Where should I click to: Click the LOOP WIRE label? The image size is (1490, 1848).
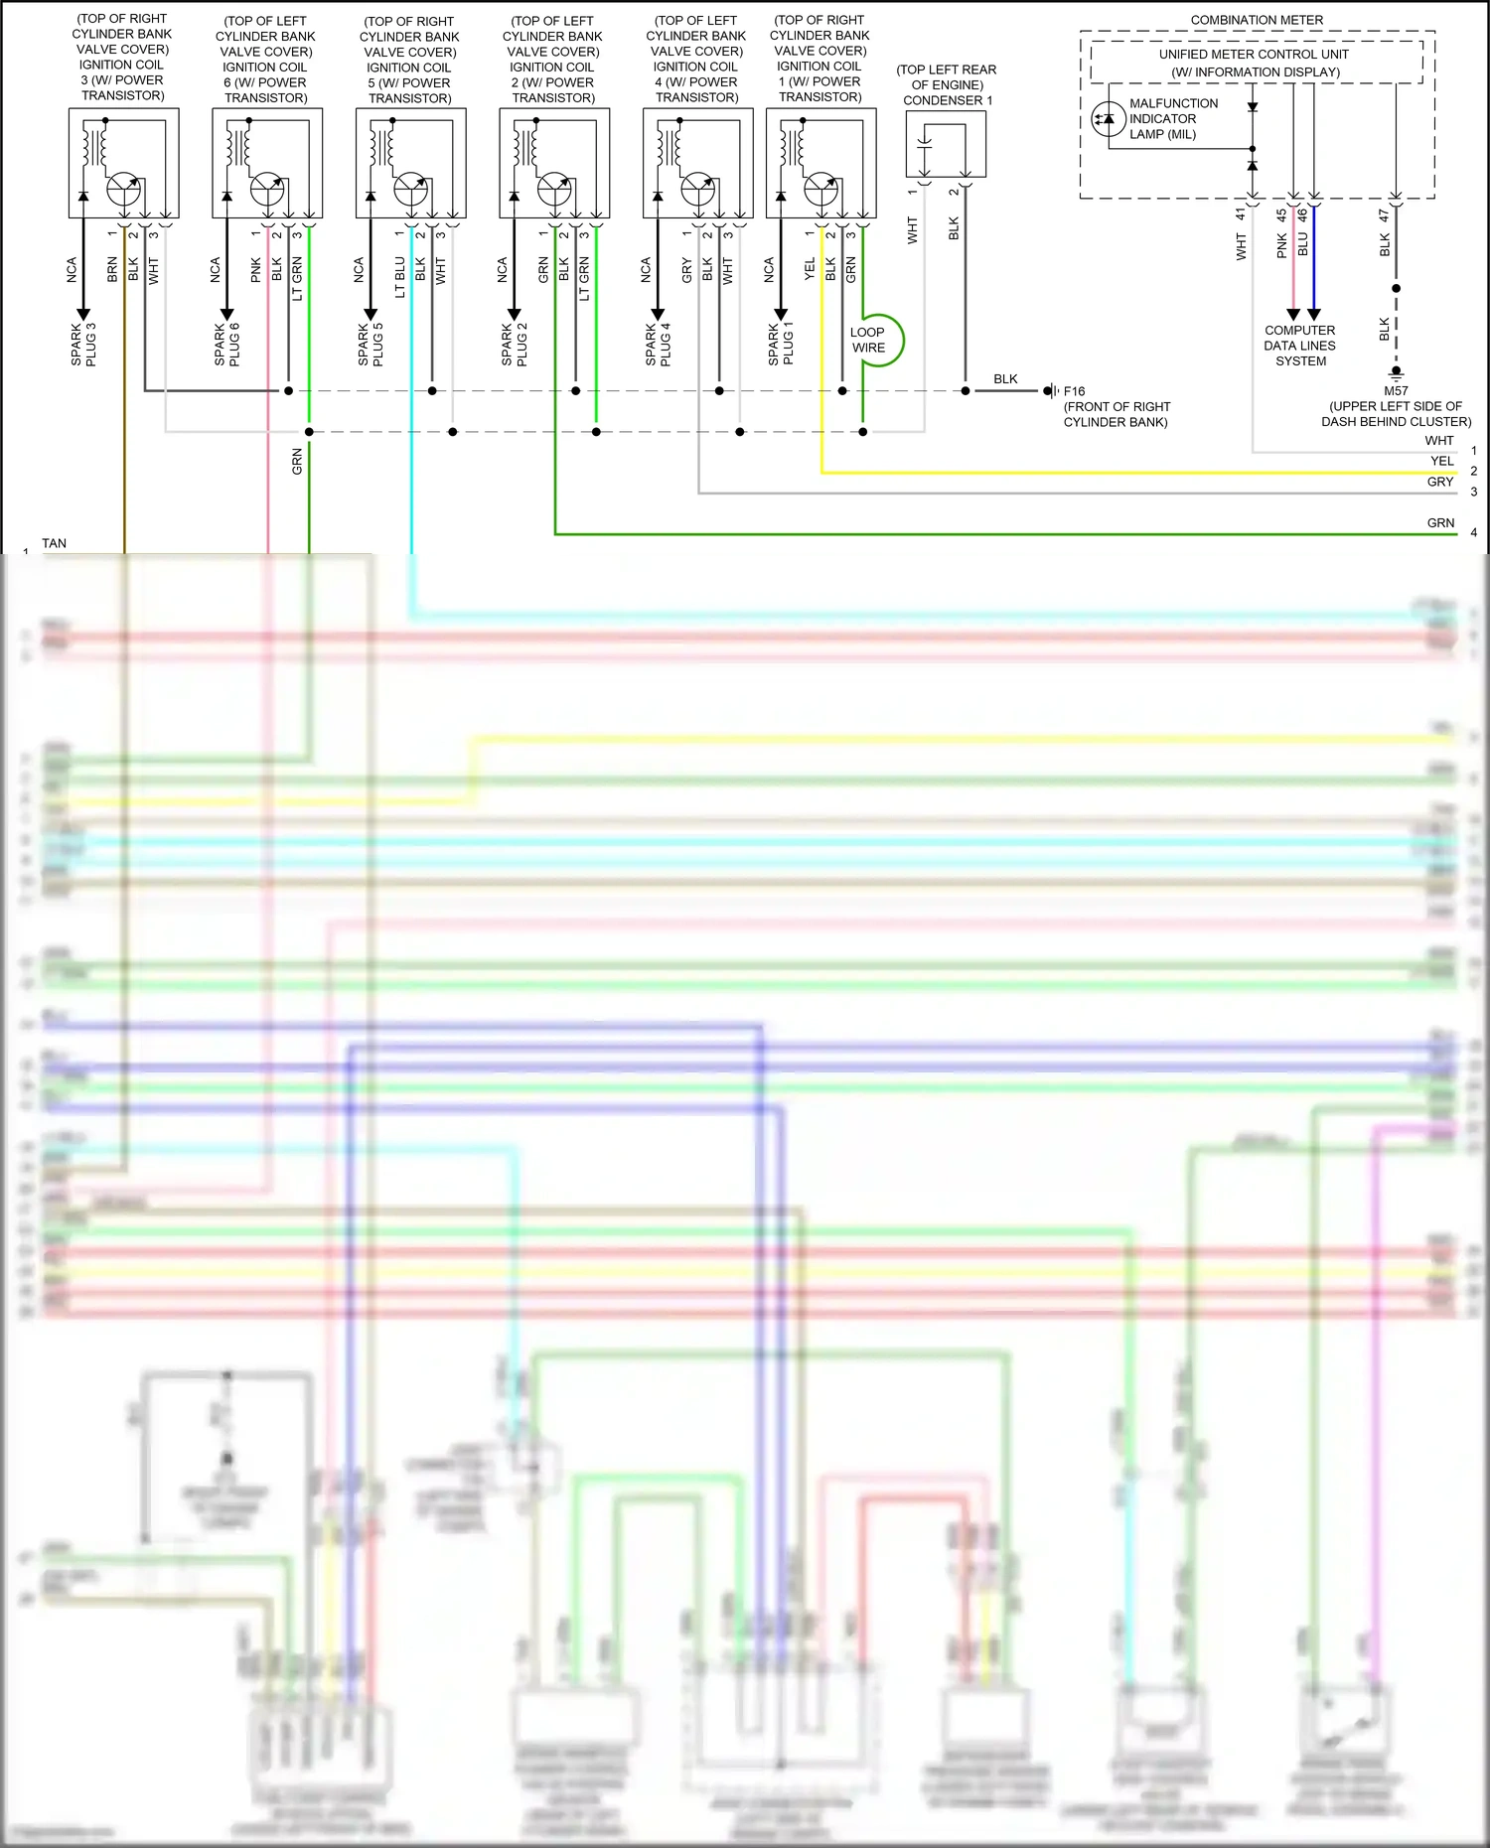(868, 340)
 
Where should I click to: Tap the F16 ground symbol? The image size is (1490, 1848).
(1050, 391)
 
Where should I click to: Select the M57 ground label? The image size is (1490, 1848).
(1396, 390)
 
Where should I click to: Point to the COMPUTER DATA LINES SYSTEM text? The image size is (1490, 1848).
(1299, 346)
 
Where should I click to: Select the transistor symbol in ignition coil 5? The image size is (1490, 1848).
(411, 188)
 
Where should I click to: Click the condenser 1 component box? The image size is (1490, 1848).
(946, 144)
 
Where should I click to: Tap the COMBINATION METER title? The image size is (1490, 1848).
(1257, 20)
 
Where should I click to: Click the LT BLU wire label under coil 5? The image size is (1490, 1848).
(400, 277)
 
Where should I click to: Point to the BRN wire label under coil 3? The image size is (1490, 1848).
(112, 270)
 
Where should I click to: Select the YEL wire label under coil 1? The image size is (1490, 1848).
(810, 269)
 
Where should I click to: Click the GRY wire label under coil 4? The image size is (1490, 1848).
(686, 270)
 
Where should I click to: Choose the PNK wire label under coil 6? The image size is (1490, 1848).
(256, 270)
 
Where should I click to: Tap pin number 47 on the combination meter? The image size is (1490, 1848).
(1384, 214)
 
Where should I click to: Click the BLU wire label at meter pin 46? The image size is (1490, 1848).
(1303, 244)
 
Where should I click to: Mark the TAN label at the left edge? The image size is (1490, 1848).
(55, 543)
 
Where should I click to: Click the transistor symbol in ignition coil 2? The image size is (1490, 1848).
(554, 188)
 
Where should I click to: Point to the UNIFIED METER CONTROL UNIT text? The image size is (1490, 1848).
(1254, 55)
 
